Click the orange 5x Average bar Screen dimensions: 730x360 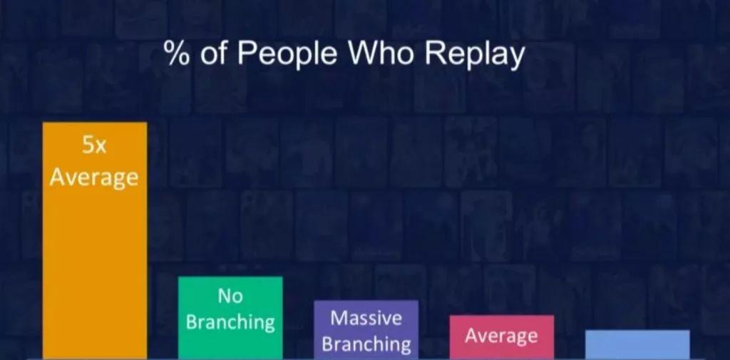click(95, 240)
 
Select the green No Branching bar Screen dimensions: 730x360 click(230, 318)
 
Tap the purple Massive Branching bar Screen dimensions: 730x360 click(366, 330)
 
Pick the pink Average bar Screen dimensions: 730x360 click(501, 337)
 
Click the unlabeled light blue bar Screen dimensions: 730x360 click(637, 344)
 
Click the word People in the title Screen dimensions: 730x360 click(287, 54)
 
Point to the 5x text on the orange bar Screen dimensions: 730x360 click(95, 145)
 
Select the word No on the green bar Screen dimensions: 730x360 click(230, 295)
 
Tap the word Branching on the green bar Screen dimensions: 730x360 click(230, 322)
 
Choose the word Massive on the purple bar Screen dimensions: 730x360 click(366, 318)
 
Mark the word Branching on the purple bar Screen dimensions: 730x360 click(366, 344)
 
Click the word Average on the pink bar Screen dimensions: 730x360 click(501, 336)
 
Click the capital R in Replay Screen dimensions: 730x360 click(434, 54)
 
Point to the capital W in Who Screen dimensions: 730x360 click(365, 54)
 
